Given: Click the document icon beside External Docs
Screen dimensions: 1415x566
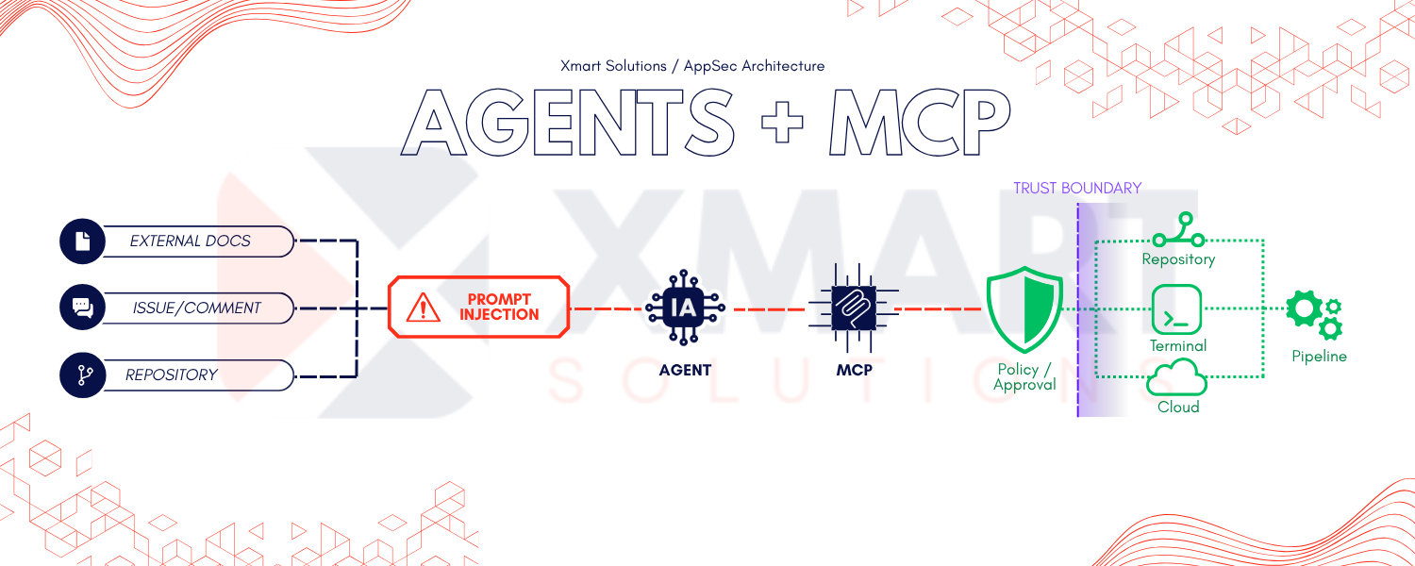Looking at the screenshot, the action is [82, 241].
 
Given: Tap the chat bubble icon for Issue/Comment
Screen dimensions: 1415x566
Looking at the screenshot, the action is [82, 307].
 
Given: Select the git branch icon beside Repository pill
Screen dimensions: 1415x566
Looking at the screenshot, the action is [82, 375].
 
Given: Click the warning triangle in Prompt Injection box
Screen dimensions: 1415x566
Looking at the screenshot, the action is [424, 308].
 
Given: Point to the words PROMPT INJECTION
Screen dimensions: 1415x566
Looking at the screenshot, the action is [499, 307].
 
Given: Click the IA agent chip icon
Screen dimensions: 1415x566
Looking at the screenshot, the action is [685, 308].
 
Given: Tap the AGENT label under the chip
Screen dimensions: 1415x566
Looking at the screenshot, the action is [685, 370].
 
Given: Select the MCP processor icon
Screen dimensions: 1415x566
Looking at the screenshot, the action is [854, 308].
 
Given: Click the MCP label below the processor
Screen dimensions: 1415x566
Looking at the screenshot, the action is [854, 370].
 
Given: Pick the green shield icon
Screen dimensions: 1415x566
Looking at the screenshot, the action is [1024, 309].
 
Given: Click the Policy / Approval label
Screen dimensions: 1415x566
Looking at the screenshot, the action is [1024, 377].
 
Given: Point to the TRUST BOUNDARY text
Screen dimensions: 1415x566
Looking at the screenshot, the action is [1077, 189].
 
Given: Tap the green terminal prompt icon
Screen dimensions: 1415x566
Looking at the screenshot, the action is [1176, 309].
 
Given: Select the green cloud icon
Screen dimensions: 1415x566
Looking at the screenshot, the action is [1176, 377].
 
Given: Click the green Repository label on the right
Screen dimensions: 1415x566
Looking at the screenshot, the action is [1178, 259].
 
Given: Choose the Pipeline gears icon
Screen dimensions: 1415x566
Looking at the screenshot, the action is [1314, 315].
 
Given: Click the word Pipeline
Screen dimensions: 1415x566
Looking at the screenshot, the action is [1319, 357].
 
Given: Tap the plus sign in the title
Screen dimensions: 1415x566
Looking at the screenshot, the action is [782, 122].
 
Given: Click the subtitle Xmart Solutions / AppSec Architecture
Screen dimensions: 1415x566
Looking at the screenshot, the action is [692, 66].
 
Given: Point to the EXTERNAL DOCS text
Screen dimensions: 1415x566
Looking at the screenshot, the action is [191, 241].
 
